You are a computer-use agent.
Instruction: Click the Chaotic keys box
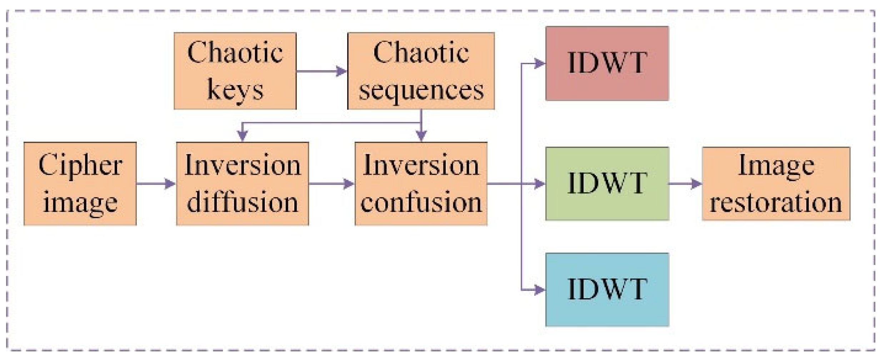[235, 71]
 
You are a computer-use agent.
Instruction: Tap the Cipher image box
[80, 184]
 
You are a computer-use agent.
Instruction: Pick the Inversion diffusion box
[242, 184]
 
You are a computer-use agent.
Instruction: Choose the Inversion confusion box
[421, 184]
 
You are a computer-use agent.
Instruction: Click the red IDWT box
[607, 64]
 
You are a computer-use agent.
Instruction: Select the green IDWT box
[607, 184]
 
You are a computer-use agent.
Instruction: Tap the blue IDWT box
[607, 290]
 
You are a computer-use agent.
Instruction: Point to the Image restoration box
[776, 184]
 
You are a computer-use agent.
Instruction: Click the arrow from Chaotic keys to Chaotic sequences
[321, 71]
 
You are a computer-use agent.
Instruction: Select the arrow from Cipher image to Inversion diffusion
[156, 184]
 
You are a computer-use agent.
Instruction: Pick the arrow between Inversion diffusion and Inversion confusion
[331, 184]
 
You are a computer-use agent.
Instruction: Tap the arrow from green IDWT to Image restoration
[685, 184]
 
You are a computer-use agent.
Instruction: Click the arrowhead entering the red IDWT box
[539, 64]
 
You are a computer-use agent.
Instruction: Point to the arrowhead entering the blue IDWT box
[539, 290]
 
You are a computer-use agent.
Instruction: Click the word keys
[235, 90]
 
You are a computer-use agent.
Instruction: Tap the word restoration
[776, 202]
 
